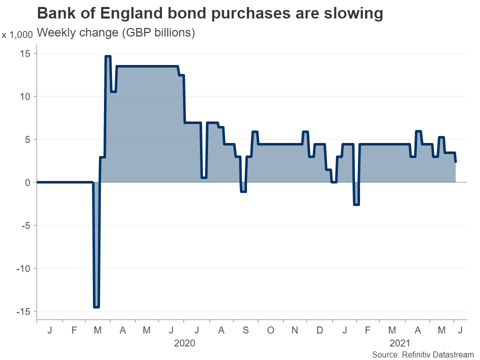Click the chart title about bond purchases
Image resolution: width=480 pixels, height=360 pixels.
(210, 13)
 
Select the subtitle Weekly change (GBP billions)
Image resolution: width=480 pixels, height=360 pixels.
(116, 33)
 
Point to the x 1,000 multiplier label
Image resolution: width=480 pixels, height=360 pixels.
(17, 35)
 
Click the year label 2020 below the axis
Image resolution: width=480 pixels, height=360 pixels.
(184, 343)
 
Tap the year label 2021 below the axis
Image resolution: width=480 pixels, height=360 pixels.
(399, 343)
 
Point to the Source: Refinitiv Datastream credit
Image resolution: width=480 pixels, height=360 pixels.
(422, 354)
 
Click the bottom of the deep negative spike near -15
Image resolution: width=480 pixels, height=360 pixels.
(96, 306)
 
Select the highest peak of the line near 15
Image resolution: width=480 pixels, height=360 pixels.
(107, 56)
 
